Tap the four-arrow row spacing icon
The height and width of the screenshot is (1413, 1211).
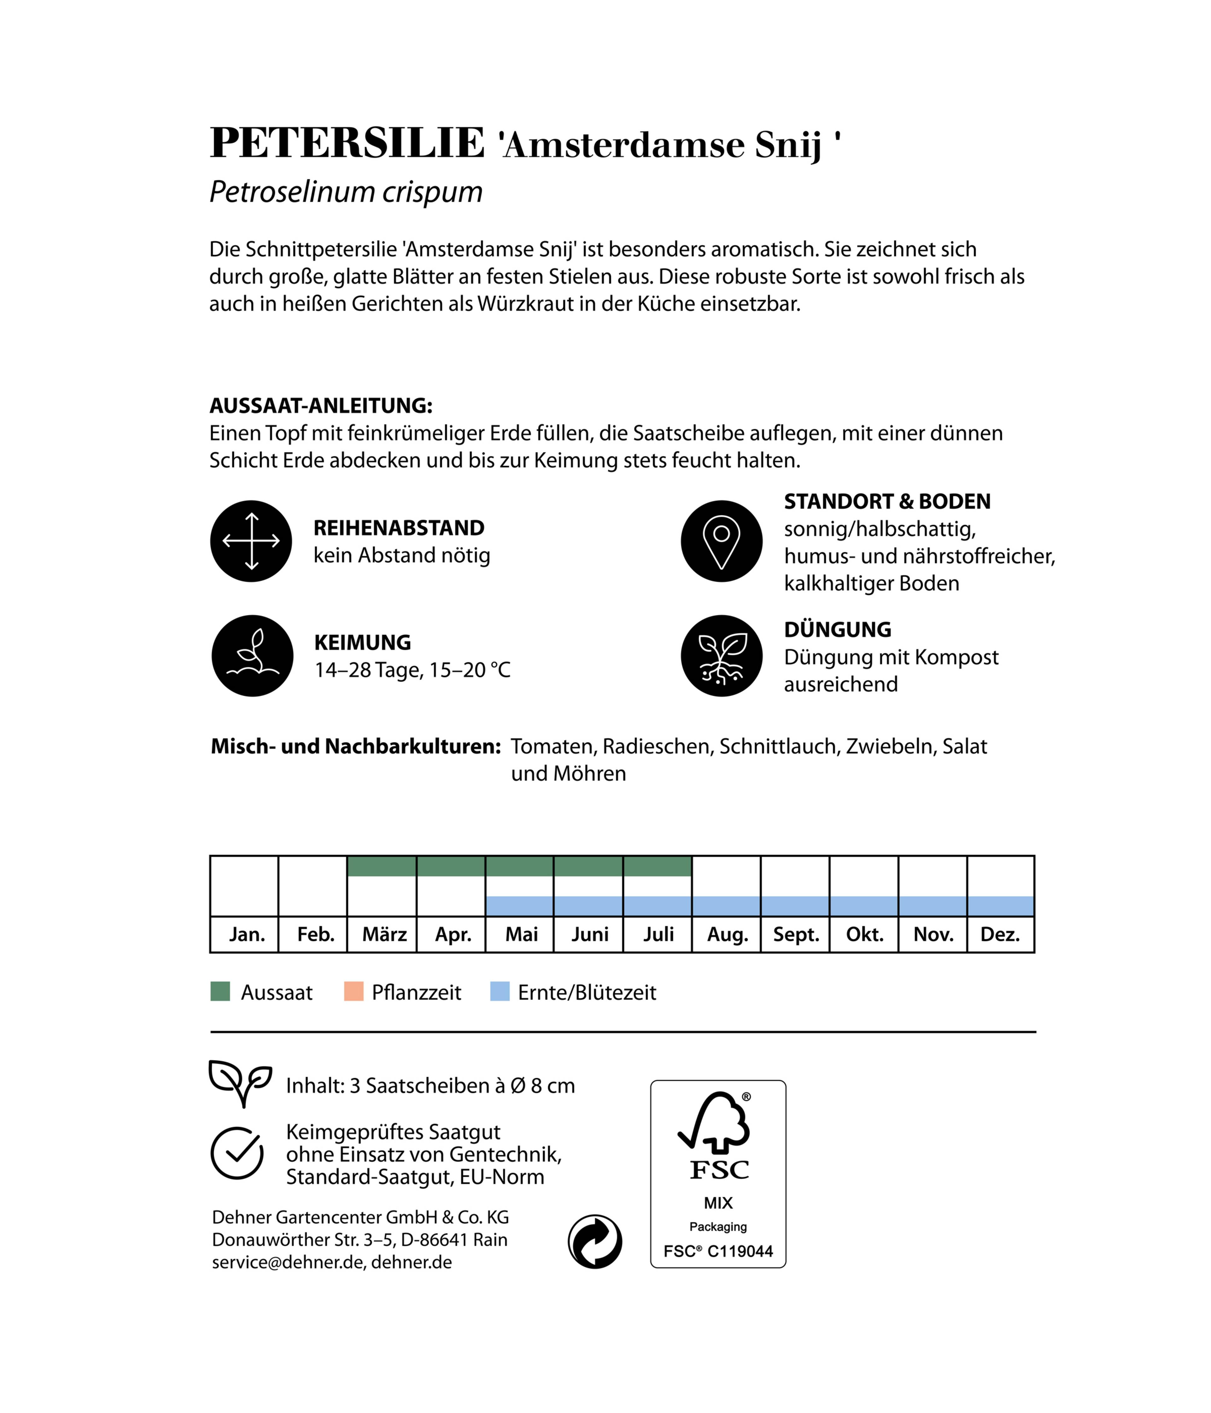[251, 541]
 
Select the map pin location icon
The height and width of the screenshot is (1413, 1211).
[722, 541]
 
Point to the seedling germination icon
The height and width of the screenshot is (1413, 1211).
[252, 655]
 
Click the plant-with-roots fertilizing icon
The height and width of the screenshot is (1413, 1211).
[722, 655]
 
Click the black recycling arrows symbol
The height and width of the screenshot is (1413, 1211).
[594, 1241]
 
